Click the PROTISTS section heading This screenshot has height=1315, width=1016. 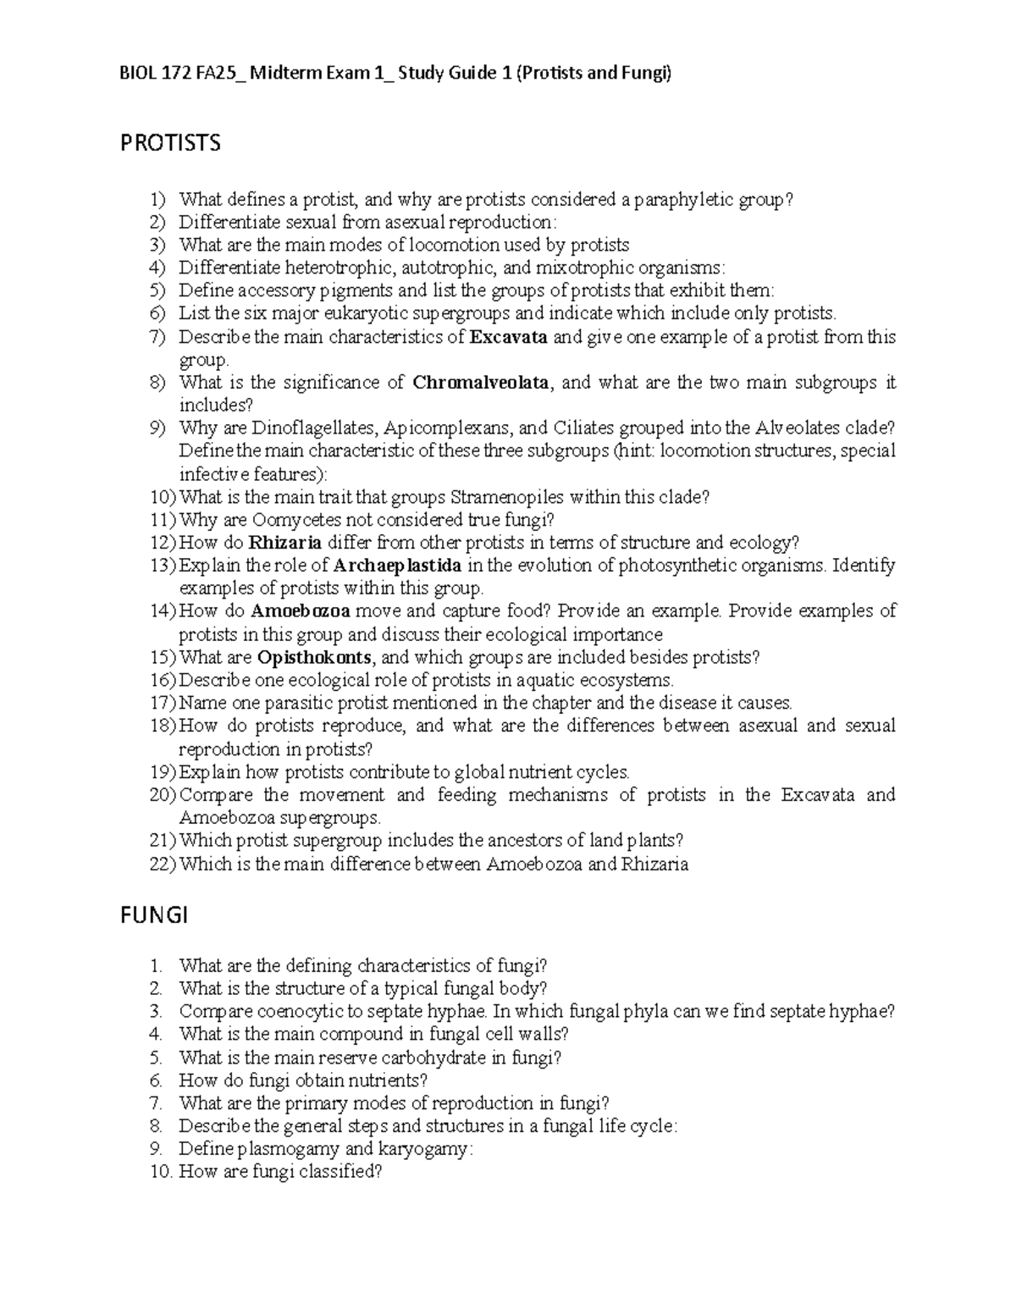click(x=170, y=143)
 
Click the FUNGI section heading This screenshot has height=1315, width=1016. click(x=153, y=916)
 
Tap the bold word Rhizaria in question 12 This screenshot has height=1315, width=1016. click(x=284, y=543)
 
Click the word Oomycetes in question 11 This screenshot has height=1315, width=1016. click(x=295, y=520)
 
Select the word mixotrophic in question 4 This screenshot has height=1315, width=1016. click(x=582, y=268)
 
